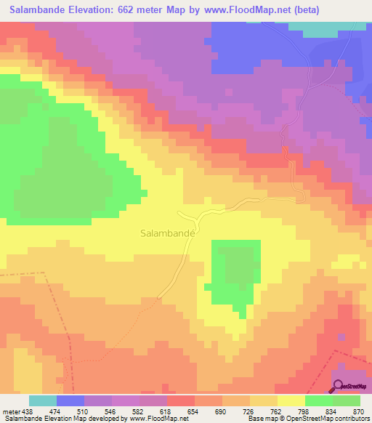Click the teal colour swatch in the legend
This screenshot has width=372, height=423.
coord(43,400)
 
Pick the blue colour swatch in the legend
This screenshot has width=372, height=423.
coord(70,400)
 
